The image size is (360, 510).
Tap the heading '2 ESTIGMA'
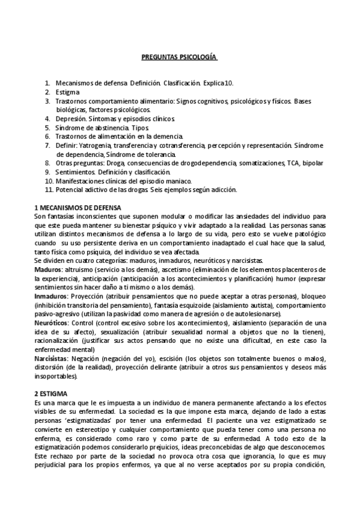click(53, 393)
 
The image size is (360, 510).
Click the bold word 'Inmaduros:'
click(51, 296)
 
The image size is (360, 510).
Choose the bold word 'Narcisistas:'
click(53, 358)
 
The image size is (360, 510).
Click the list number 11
click(49, 190)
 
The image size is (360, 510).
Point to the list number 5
click(47, 128)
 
